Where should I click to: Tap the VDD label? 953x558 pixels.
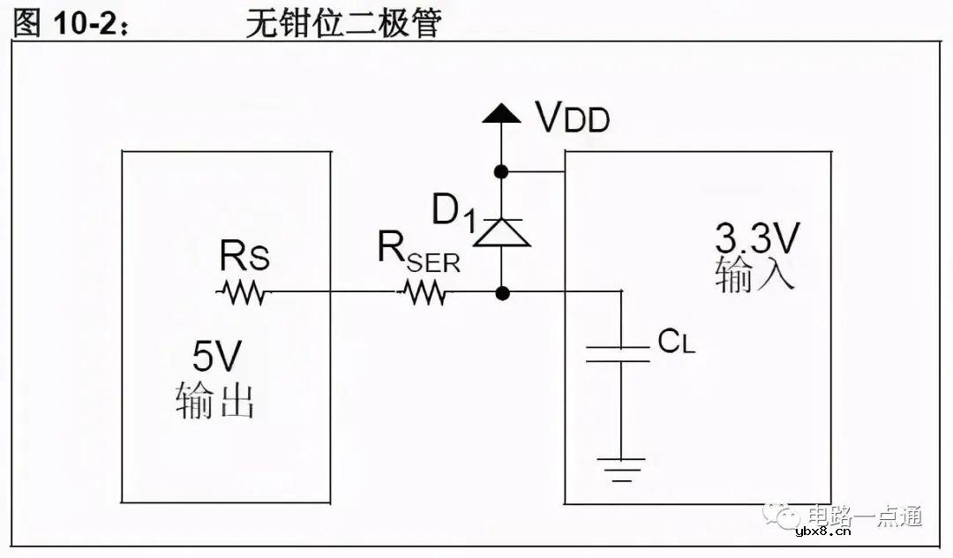(573, 117)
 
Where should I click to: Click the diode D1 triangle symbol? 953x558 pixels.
(501, 231)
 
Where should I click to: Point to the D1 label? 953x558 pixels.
(453, 211)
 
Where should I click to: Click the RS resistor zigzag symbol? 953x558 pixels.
(241, 293)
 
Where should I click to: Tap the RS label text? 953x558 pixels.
(244, 258)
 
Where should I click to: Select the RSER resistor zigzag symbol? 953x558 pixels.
(424, 293)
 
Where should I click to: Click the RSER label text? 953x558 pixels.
(416, 252)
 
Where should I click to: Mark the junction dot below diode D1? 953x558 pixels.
(501, 292)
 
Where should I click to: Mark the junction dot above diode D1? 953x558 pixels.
(501, 171)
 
